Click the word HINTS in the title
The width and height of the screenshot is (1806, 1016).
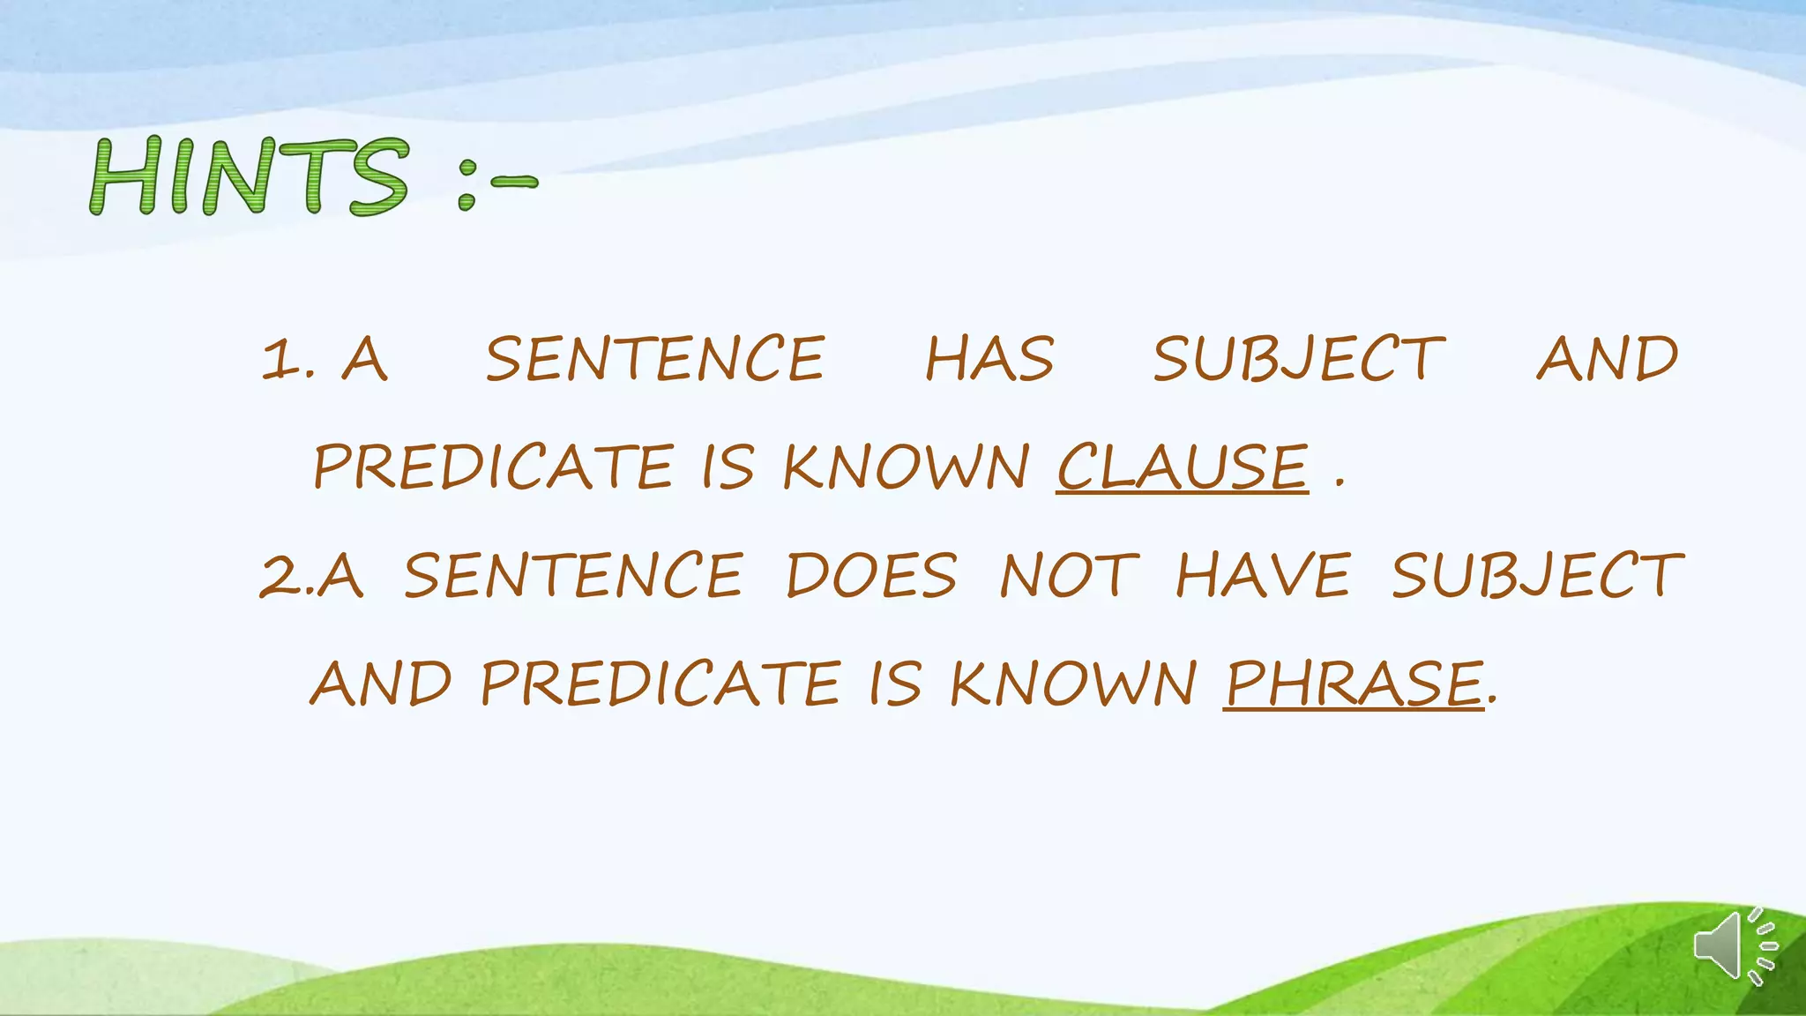pyautogui.click(x=249, y=176)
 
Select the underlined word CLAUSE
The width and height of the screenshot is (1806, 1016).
pyautogui.click(x=1182, y=467)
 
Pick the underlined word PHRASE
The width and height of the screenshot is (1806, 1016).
pyautogui.click(x=1353, y=684)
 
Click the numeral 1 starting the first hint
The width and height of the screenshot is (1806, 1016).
pyautogui.click(x=282, y=360)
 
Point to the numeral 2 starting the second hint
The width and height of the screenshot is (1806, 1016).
pyautogui.click(x=280, y=576)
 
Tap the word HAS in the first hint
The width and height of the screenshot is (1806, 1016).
pyautogui.click(x=989, y=360)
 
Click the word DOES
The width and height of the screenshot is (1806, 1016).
pyautogui.click(x=871, y=576)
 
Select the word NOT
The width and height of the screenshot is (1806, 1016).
pyautogui.click(x=1068, y=576)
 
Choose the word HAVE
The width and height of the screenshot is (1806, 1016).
pyautogui.click(x=1263, y=576)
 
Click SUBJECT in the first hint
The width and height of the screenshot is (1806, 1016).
pyautogui.click(x=1299, y=360)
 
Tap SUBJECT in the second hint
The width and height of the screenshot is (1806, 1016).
pyautogui.click(x=1537, y=576)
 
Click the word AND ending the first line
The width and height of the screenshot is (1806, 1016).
pyautogui.click(x=1607, y=360)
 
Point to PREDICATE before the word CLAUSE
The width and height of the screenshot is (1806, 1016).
pyautogui.click(x=494, y=467)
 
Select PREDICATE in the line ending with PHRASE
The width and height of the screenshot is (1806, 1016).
pyautogui.click(x=660, y=684)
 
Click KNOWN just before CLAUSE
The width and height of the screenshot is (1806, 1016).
pyautogui.click(x=906, y=467)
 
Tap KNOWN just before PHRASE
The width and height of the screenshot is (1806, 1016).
pyautogui.click(x=1072, y=684)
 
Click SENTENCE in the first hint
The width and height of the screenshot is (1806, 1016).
pyautogui.click(x=655, y=360)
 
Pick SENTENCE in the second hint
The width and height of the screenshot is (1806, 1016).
pyautogui.click(x=573, y=576)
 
